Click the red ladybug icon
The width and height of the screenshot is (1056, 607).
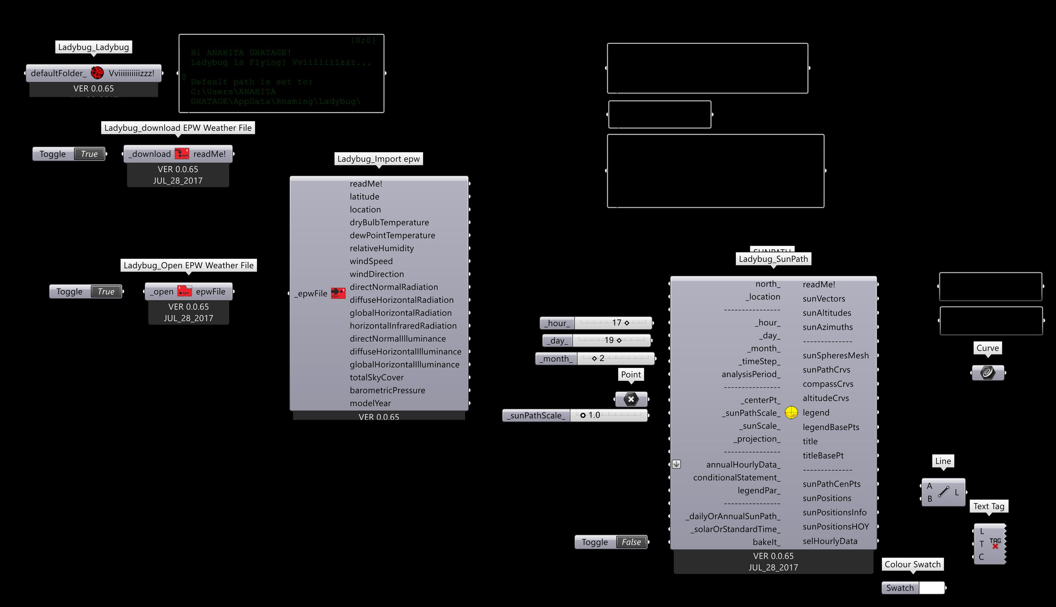click(97, 73)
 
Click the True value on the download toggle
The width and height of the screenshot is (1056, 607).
click(89, 154)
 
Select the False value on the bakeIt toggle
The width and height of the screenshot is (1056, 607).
click(631, 542)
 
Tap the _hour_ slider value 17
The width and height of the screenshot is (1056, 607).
click(616, 323)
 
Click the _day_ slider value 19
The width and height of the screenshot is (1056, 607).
click(609, 340)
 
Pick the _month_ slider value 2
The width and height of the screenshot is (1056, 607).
click(601, 358)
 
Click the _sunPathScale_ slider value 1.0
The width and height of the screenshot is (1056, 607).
click(594, 415)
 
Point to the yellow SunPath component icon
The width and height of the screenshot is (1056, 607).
click(791, 413)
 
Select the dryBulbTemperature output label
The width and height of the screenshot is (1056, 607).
click(389, 223)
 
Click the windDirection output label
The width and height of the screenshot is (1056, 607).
click(376, 274)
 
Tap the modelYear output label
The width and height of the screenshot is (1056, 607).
click(370, 404)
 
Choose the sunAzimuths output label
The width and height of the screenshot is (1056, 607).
click(827, 327)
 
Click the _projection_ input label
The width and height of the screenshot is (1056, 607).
click(756, 439)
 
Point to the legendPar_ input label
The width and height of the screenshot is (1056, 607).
click(758, 491)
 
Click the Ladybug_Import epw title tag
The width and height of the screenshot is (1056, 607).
click(378, 159)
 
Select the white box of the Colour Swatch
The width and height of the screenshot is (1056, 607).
click(932, 588)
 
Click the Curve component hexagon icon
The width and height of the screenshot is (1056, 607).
click(988, 372)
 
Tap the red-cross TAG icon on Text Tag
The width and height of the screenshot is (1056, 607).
click(995, 544)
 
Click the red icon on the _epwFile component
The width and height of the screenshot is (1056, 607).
click(338, 294)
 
